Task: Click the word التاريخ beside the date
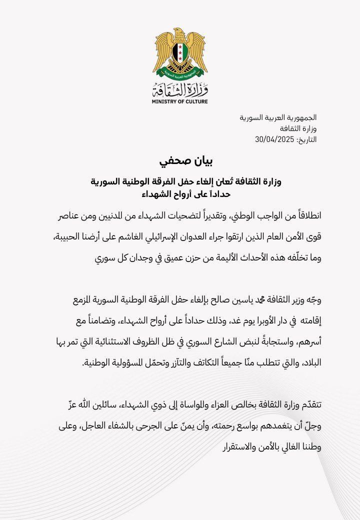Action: click(306, 139)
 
